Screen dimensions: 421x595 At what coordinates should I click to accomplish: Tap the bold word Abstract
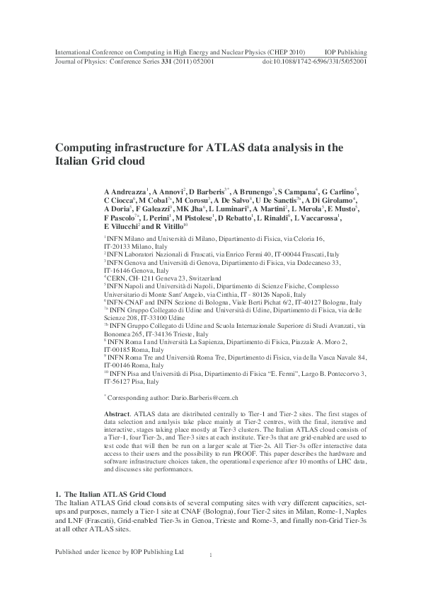(x=117, y=412)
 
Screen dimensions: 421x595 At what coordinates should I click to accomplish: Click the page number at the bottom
(x=211, y=557)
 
